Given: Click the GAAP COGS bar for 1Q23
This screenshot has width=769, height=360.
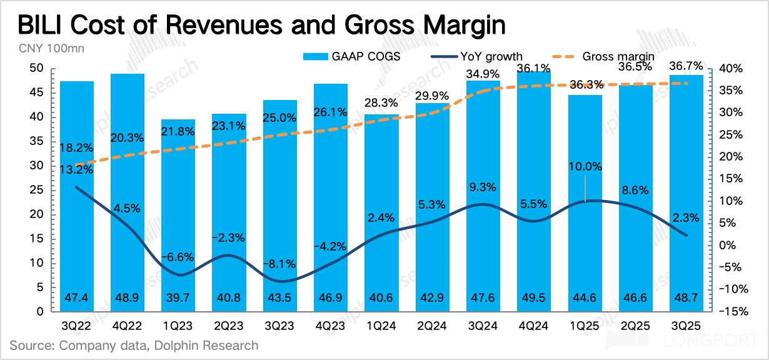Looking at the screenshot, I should pos(178,215).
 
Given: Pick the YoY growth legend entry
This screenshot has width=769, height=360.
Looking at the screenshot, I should pos(481,56).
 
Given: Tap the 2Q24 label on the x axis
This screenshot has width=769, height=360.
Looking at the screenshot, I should pos(433,326).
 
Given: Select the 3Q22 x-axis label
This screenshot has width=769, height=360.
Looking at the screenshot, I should pos(78,326).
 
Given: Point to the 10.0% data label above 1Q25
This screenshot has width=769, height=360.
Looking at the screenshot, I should pos(585,167).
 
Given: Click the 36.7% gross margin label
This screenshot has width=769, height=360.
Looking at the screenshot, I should pos(686,66).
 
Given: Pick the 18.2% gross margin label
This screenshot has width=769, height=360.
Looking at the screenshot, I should pos(78,148).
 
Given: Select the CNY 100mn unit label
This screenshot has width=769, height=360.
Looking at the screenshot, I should pos(43,47).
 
